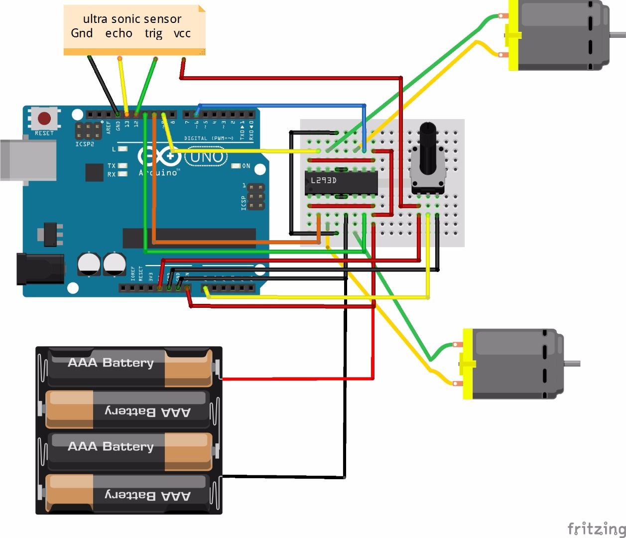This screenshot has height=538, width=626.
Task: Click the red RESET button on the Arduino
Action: click(44, 119)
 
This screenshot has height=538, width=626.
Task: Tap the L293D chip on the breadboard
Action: click(341, 183)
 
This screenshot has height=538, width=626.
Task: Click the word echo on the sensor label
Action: click(119, 33)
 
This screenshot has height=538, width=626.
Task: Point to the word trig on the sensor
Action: click(153, 33)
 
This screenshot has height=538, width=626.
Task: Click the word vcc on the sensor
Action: click(182, 33)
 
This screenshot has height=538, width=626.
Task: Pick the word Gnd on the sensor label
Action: click(82, 33)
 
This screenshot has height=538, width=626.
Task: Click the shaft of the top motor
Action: click(618, 35)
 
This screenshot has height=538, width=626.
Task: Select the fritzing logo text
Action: click(596, 528)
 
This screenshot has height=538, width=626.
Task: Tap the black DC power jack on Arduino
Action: click(40, 269)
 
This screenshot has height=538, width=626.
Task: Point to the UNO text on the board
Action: click(206, 157)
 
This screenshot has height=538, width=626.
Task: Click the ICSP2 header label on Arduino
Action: click(85, 144)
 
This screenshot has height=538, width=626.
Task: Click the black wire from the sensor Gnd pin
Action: click(103, 85)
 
